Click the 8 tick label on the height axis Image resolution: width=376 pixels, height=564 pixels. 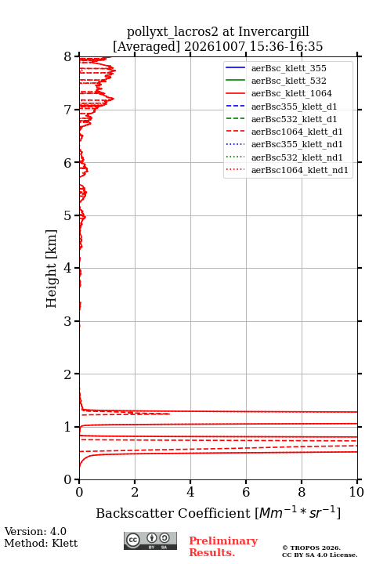[x=68, y=57]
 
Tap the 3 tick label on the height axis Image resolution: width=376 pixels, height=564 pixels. [x=68, y=321]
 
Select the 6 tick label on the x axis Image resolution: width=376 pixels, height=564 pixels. [x=246, y=492]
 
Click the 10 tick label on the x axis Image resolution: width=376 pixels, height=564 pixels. [x=356, y=492]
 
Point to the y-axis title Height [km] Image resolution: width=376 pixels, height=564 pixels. [x=51, y=269]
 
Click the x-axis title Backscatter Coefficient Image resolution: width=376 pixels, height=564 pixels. [x=173, y=513]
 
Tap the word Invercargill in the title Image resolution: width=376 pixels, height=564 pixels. [x=274, y=31]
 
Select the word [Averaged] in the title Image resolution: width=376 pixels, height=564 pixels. [x=146, y=47]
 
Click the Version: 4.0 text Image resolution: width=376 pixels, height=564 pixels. [x=35, y=532]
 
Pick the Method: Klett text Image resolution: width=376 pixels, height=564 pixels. [x=41, y=543]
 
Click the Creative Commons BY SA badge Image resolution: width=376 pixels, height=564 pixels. [x=150, y=540]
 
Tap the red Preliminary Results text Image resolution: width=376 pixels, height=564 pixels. [x=223, y=547]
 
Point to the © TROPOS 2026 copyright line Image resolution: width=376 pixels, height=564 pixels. [x=312, y=548]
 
